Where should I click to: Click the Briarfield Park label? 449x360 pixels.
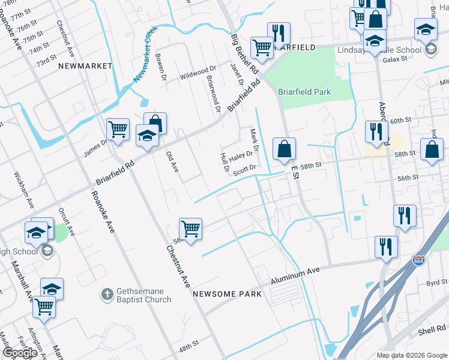tap(304, 92)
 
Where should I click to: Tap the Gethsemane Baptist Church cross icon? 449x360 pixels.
tap(106, 294)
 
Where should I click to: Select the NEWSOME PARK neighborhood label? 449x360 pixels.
tap(227, 294)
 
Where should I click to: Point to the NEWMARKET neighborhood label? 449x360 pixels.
tap(86, 65)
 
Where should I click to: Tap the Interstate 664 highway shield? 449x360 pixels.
tap(419, 261)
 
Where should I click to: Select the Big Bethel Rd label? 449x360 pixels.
tap(245, 55)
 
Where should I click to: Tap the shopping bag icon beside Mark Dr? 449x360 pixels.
tap(284, 149)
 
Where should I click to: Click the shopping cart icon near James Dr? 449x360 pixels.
tap(118, 130)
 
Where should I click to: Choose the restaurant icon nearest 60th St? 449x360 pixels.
tap(376, 131)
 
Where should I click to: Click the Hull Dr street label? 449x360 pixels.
tap(224, 161)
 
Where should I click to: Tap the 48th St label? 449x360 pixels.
tap(188, 347)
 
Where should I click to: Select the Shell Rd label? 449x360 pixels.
tap(431, 330)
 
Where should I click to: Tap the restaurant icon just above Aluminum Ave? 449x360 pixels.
tap(385, 247)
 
